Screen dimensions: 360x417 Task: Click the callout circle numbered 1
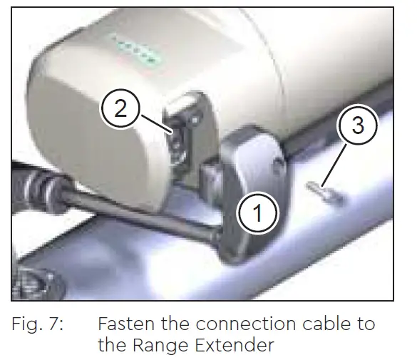[x=257, y=212]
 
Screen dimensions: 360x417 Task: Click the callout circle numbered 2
[x=121, y=109]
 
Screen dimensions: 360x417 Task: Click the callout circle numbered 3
[x=358, y=126]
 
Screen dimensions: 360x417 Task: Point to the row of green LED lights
[x=135, y=51]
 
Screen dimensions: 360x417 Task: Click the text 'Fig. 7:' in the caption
[x=38, y=324]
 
